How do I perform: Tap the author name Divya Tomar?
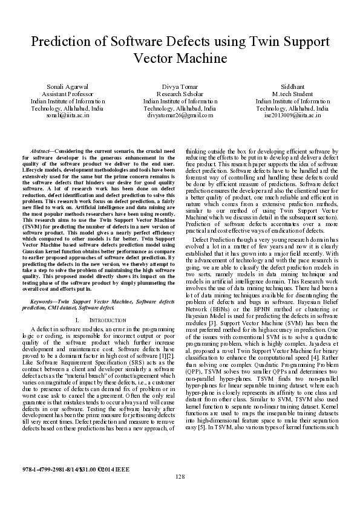tap(180, 87)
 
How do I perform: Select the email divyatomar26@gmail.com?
tap(180, 114)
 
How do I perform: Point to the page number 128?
tap(180, 477)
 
